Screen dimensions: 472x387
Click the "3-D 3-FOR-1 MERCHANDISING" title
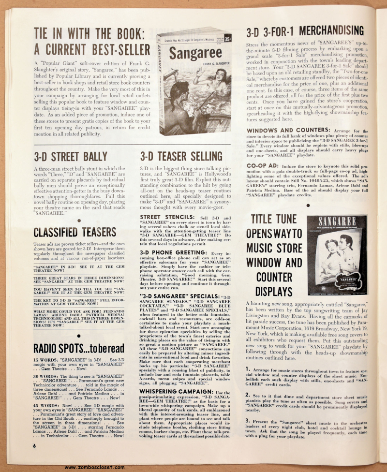pos(305,31)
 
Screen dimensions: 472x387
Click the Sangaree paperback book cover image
pos(194,80)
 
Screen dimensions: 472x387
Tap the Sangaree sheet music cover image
pos(337,255)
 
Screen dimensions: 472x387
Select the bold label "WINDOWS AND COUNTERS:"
pos(288,130)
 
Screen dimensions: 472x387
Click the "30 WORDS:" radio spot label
pos(45,375)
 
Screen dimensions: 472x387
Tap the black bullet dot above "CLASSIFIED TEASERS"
pos(78,219)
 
